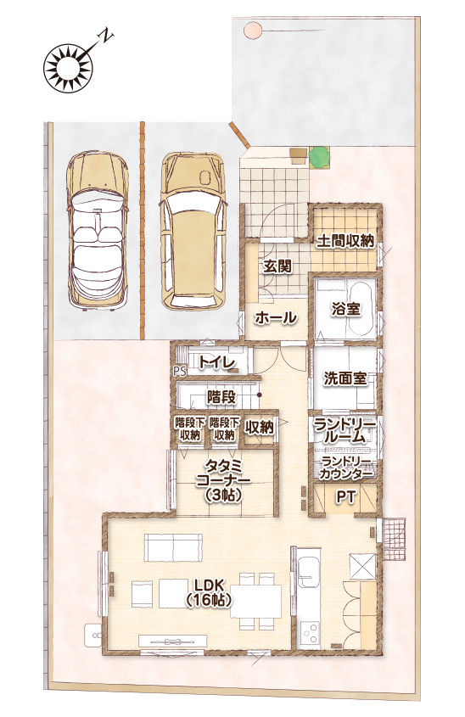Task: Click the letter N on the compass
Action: tap(108, 35)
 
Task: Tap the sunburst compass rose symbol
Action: tap(69, 68)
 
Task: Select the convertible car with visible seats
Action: tap(98, 230)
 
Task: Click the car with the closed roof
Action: tap(193, 230)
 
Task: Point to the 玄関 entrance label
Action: tap(277, 266)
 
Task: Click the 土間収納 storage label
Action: tap(345, 241)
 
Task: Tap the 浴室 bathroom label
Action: tap(346, 310)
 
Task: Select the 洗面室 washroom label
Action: tap(345, 378)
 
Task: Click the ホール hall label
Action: tap(275, 317)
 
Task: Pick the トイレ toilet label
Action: tap(217, 362)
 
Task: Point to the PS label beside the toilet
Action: tap(180, 372)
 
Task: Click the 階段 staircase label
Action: tap(221, 397)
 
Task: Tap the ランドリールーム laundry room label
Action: tap(345, 432)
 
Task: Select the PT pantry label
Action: tap(345, 498)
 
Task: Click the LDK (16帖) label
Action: tap(208, 593)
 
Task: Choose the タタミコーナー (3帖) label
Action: tap(223, 480)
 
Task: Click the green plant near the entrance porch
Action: tap(318, 155)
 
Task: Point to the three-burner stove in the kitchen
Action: tap(309, 634)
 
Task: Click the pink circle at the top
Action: tap(253, 31)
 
